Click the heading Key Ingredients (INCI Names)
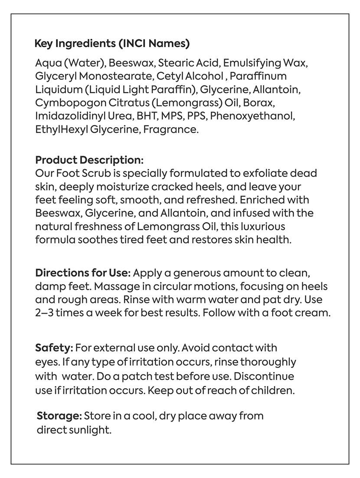click(112, 44)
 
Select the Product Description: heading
click(89, 160)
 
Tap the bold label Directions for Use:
click(82, 274)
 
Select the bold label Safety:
click(54, 348)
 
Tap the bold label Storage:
click(59, 416)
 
